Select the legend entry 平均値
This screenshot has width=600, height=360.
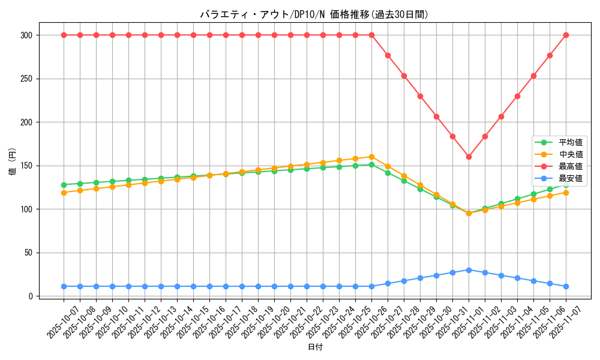571,143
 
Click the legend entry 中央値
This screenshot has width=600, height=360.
571,155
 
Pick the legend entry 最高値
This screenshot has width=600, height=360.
571,166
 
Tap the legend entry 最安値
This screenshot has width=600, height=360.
571,178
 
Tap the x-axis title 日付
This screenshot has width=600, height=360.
315,347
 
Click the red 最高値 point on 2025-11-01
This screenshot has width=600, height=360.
469,157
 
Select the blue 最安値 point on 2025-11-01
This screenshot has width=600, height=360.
469,270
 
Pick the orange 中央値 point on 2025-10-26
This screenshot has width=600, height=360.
371,157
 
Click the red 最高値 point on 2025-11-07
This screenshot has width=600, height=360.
566,35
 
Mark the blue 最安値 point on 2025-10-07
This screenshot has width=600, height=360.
64,286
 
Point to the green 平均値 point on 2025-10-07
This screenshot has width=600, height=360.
64,185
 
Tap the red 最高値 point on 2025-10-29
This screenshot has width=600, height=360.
420,96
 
